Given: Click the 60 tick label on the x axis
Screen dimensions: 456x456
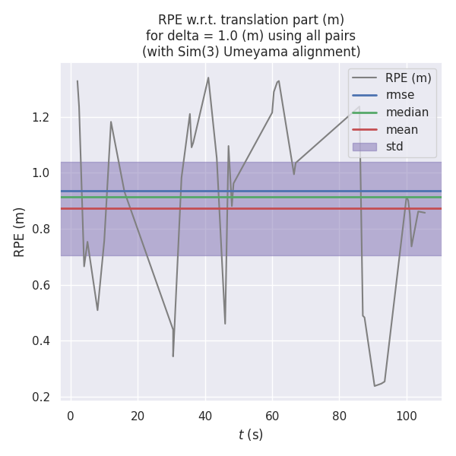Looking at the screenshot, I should coord(272,416).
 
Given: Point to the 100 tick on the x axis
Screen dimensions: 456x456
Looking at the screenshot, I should coord(407,416).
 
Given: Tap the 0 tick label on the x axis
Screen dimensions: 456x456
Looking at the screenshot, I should coord(71,416).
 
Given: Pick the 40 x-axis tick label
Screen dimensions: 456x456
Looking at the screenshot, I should coord(205,416).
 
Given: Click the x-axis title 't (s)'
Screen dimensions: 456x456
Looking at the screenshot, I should coord(251,435).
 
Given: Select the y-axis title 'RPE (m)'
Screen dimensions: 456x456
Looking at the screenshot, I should coord(20,232).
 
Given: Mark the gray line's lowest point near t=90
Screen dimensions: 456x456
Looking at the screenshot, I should coord(375,385).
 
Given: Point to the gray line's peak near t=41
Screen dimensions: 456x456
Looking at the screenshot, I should coord(208,78).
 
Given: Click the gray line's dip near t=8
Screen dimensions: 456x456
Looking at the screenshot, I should coord(97,310).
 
